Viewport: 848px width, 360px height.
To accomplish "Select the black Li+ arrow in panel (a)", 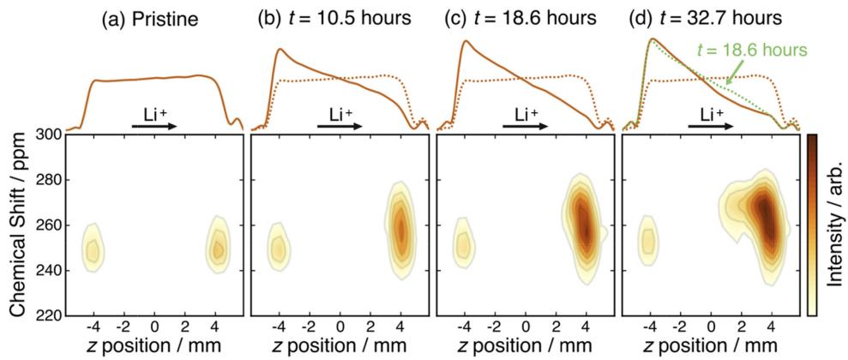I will click(154, 126).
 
